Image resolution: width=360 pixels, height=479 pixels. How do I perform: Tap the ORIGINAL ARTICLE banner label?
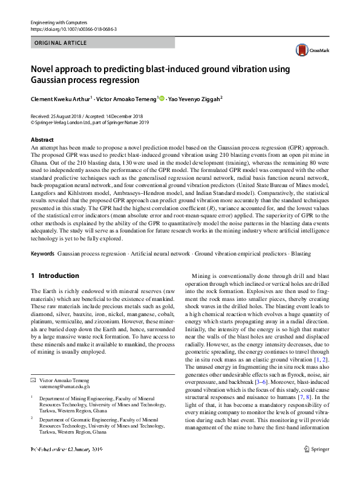click(x=61, y=43)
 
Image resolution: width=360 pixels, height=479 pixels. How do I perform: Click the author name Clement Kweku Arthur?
click(x=60, y=98)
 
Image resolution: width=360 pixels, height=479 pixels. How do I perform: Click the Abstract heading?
click(x=42, y=140)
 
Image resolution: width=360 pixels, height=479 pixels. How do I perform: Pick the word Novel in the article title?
click(x=43, y=68)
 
